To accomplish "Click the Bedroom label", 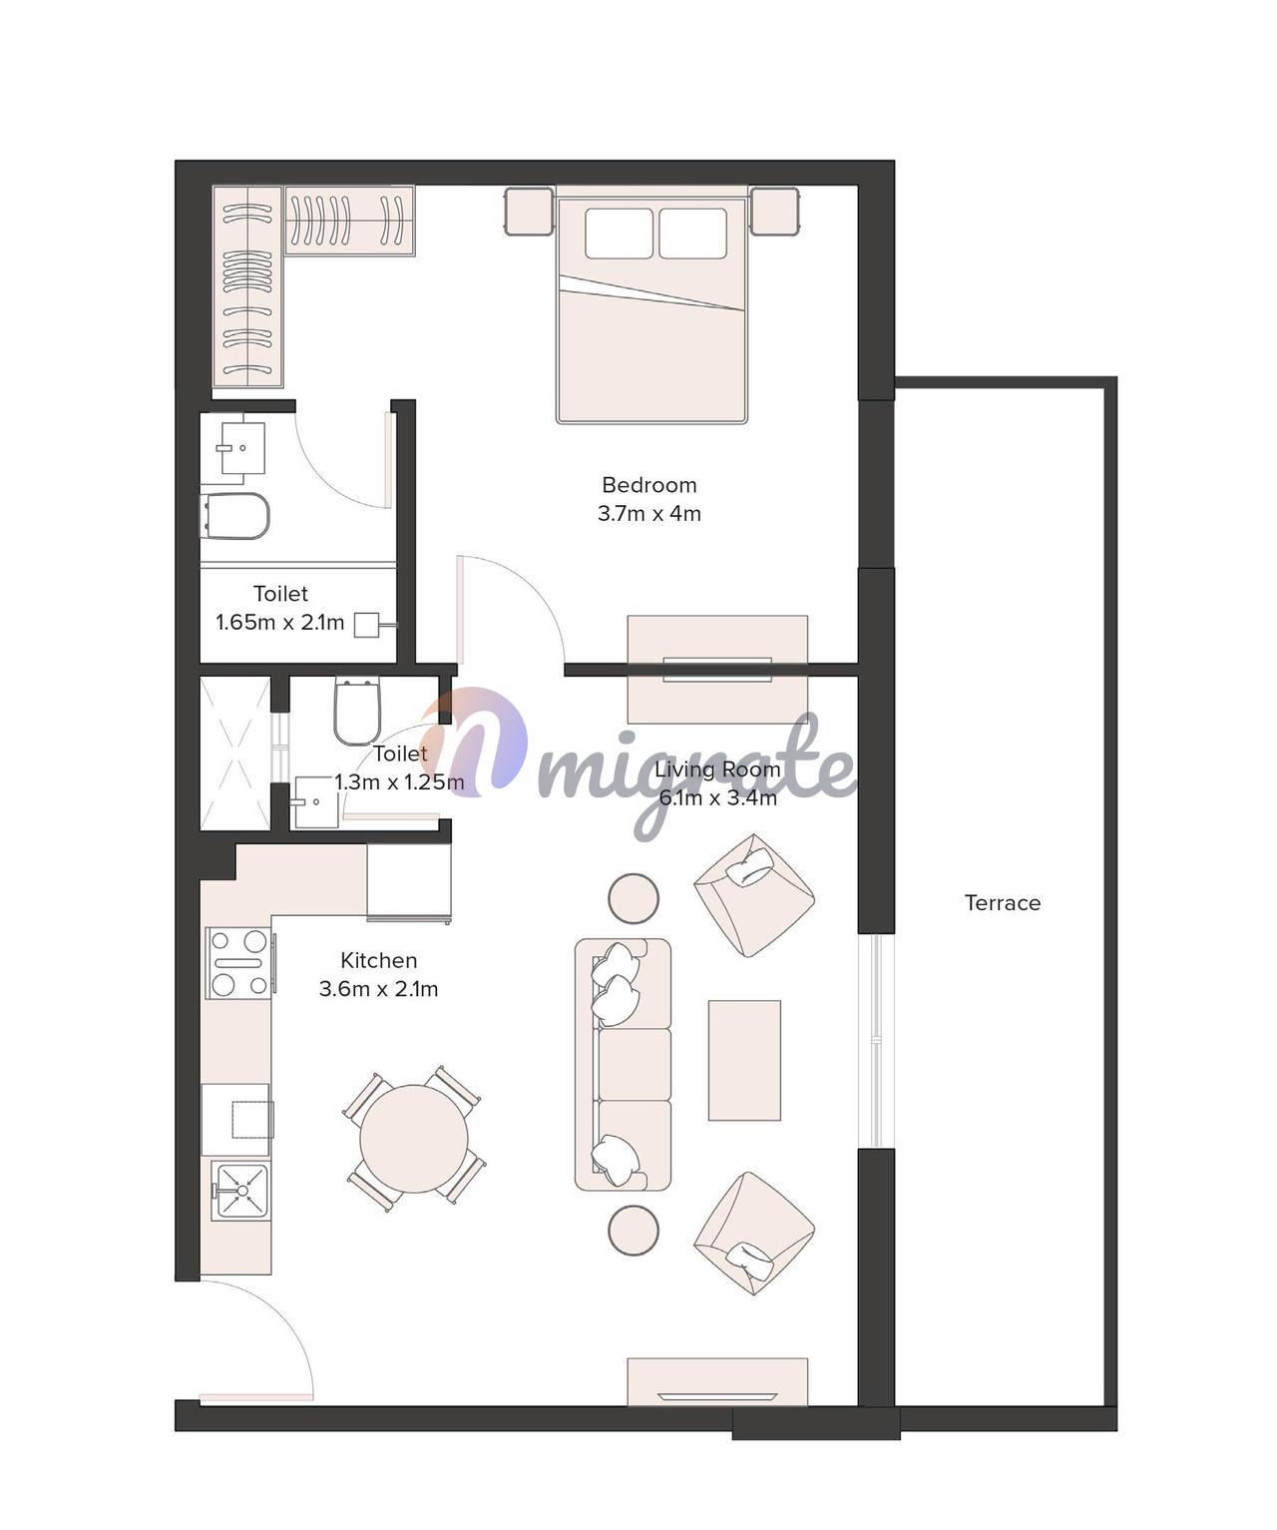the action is click(648, 485).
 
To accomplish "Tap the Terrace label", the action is click(1003, 903).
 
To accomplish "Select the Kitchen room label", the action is click(379, 961).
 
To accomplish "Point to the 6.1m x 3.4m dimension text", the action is click(718, 798).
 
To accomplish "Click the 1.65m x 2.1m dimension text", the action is click(280, 623).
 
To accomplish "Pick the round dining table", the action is click(414, 1139).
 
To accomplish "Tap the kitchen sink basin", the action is click(241, 1192).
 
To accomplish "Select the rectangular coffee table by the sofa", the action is click(744, 1060).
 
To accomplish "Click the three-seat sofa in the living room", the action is click(623, 1065).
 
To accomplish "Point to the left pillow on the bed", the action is click(620, 234).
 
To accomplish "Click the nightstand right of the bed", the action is click(774, 212).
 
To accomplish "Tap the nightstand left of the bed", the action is click(528, 212).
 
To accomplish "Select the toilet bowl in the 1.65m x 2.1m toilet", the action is click(234, 516).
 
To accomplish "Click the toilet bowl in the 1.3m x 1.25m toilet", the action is click(357, 711).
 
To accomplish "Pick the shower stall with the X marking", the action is click(235, 754).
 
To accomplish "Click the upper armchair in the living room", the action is click(754, 895).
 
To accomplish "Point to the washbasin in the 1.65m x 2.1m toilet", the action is click(241, 448).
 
